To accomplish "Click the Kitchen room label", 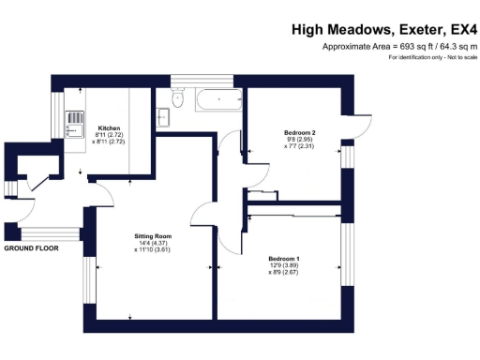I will (110, 127).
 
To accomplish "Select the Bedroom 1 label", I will (284, 258).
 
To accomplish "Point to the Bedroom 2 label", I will (299, 133).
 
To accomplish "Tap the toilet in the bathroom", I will (177, 98).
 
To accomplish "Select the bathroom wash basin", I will (163, 115).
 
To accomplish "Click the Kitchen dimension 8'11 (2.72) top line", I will (110, 135).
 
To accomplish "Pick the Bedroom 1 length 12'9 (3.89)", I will (284, 265).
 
